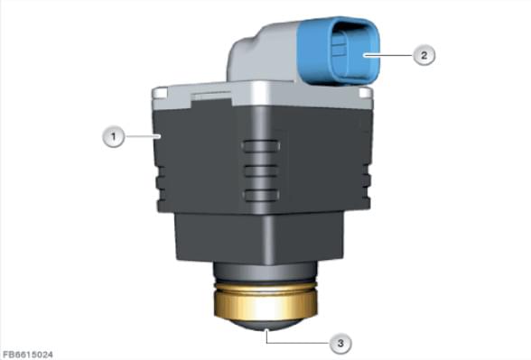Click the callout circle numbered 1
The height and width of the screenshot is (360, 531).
[x=114, y=136]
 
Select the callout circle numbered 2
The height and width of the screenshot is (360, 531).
[x=424, y=55]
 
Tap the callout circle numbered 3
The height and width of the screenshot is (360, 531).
[x=340, y=343]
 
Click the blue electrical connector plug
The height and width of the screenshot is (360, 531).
[x=339, y=50]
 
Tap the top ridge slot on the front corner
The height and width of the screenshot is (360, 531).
[x=261, y=146]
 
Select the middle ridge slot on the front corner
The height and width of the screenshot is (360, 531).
[x=261, y=171]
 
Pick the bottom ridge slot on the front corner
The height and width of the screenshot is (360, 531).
[x=261, y=196]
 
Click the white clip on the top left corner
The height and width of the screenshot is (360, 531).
[x=160, y=93]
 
